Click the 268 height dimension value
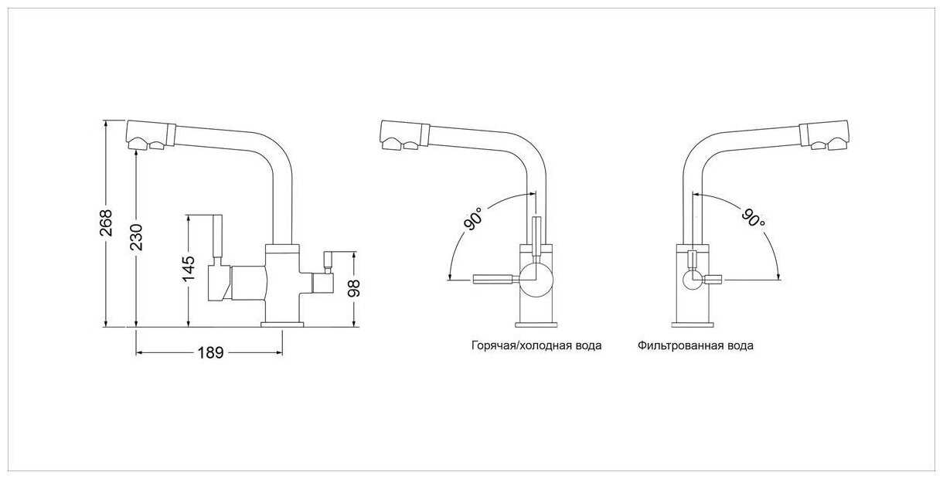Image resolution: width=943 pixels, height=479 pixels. [107, 223]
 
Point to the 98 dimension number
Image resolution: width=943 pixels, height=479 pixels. [355, 287]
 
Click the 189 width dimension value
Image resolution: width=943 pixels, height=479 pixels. [209, 353]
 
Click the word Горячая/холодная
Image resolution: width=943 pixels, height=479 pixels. [515, 346]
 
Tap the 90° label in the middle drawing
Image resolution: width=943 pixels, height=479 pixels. [474, 218]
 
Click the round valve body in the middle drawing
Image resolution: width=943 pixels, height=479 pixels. [535, 278]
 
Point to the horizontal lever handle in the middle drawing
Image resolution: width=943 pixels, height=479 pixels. [494, 279]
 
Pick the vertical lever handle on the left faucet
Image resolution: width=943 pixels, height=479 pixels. [218, 240]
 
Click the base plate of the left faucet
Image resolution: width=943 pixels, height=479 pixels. [282, 324]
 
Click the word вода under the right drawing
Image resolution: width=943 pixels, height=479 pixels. [740, 346]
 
